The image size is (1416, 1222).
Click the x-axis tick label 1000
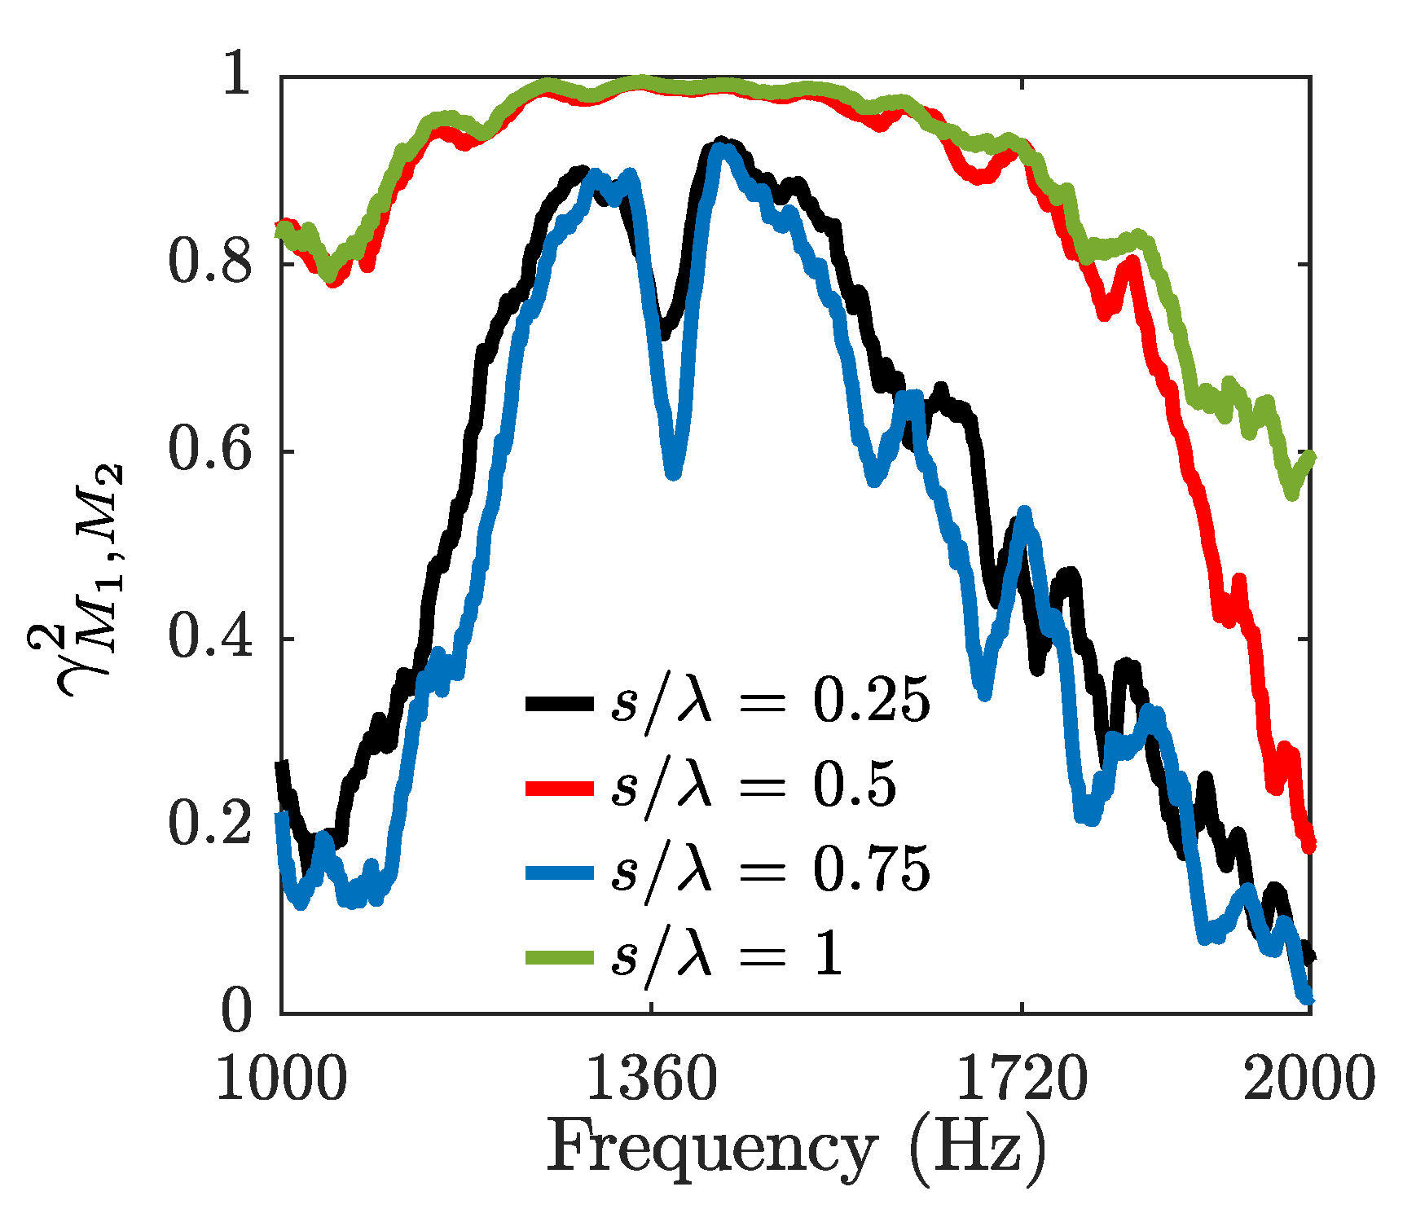tap(281, 1080)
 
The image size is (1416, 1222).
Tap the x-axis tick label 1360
tap(651, 1080)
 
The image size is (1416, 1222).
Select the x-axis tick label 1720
tap(1021, 1080)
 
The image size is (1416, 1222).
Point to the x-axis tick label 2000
tap(1308, 1080)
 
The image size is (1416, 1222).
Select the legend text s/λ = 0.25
tap(770, 701)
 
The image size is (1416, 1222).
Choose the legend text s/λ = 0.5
tap(754, 786)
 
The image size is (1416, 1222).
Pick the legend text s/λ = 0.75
tap(770, 870)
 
